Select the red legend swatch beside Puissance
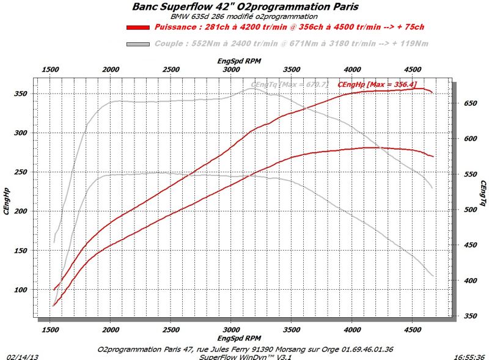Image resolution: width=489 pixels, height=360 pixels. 138,28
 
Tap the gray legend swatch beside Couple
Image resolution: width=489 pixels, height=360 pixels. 138,44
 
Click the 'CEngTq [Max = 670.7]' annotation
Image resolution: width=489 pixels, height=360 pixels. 290,84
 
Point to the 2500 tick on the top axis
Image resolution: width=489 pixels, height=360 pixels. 171,70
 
